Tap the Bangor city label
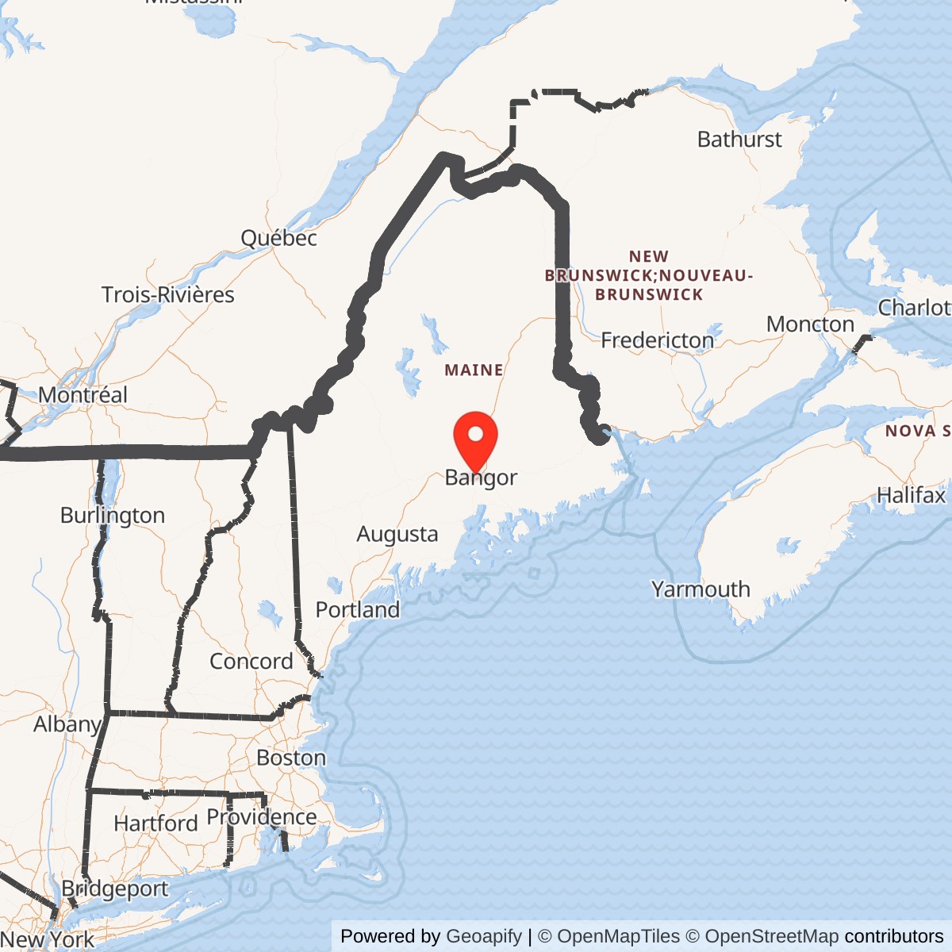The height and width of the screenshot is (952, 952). click(x=481, y=478)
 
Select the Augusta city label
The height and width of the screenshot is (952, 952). click(x=397, y=534)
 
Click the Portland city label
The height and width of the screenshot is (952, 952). click(x=357, y=609)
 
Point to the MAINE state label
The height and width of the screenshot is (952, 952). click(x=474, y=370)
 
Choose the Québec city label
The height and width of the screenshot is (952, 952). click(x=278, y=238)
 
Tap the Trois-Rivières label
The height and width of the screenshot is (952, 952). click(x=168, y=294)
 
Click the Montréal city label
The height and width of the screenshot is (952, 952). click(x=83, y=394)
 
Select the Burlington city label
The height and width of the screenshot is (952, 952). click(x=113, y=516)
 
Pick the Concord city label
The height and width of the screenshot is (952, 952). click(x=251, y=661)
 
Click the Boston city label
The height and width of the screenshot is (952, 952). click(x=291, y=758)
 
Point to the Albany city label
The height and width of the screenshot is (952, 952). click(x=67, y=724)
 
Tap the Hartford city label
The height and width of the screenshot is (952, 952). click(x=155, y=823)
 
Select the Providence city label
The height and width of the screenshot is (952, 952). click(x=261, y=817)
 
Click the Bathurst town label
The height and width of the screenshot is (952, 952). click(x=739, y=140)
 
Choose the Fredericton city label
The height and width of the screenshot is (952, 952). click(x=657, y=340)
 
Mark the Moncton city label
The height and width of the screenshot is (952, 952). click(x=810, y=324)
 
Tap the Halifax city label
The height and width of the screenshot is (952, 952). click(x=911, y=495)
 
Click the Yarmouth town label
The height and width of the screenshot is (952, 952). click(x=701, y=589)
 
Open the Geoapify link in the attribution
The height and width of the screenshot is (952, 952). click(x=484, y=936)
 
